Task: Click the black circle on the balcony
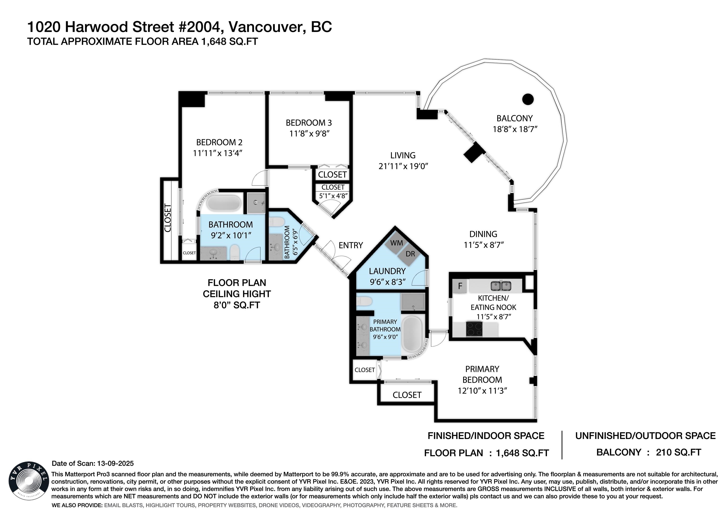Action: point(528,99)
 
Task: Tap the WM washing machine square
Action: point(396,243)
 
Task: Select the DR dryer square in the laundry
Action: point(410,254)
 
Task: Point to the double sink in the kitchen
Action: point(501,286)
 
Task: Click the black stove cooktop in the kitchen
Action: point(474,328)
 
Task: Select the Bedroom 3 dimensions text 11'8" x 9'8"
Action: point(309,134)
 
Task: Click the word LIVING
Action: point(403,155)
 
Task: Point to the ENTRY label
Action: point(350,245)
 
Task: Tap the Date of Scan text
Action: point(93,463)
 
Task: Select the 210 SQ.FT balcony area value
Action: point(678,452)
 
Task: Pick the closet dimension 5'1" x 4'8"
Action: point(332,196)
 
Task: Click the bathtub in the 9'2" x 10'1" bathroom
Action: point(224,203)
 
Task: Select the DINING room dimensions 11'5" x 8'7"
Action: point(483,245)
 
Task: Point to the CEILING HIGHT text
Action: point(236,294)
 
